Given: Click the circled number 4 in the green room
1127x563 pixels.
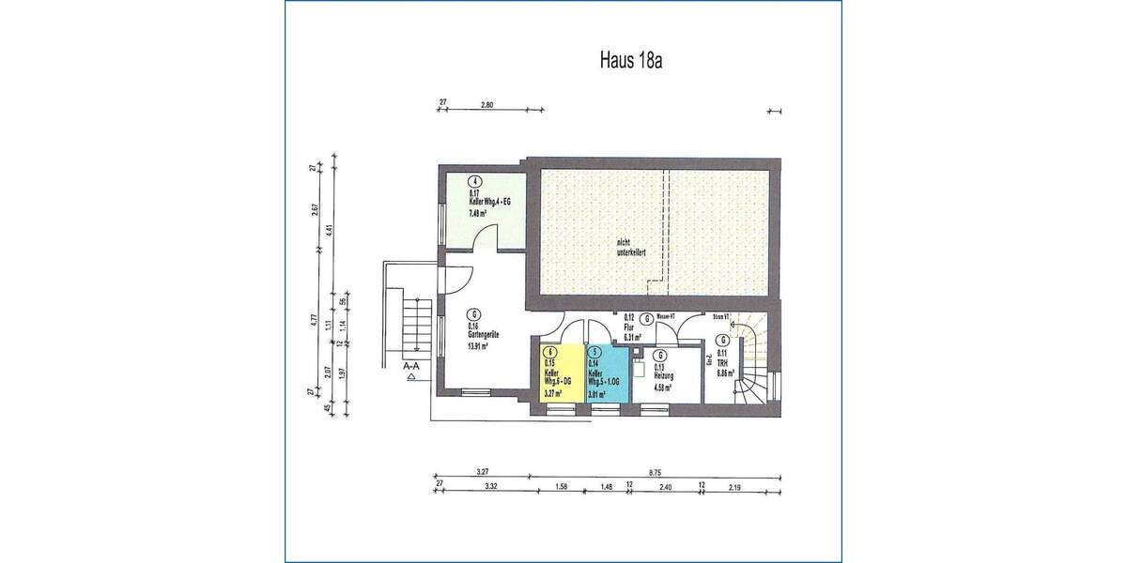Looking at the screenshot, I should coord(476,182).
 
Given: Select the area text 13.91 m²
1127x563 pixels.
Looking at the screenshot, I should coord(482,345).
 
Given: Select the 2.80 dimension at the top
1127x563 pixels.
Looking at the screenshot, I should coord(486,103).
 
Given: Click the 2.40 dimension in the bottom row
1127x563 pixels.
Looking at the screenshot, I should coord(665,486).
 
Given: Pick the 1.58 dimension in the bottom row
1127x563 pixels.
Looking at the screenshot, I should coord(562,486).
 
